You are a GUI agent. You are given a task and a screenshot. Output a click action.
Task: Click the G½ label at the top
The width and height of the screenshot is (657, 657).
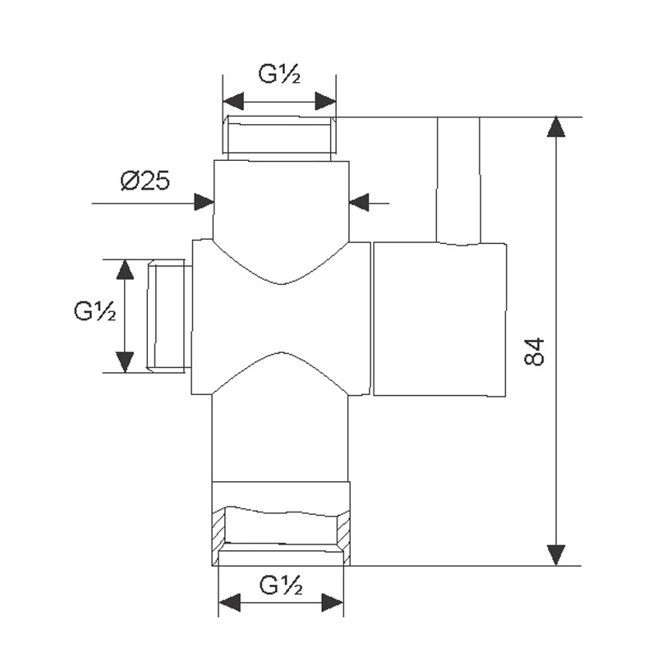(279, 74)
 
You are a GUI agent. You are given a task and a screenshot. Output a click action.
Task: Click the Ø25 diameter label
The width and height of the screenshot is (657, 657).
(145, 181)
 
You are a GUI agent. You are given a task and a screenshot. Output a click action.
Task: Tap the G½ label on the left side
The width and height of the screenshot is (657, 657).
(94, 311)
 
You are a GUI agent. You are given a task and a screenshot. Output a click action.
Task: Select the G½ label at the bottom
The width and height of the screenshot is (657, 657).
(281, 585)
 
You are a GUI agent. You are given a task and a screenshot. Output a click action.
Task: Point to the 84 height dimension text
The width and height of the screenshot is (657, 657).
(535, 351)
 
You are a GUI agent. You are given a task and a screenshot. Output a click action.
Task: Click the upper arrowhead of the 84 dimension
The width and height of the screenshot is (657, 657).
(556, 127)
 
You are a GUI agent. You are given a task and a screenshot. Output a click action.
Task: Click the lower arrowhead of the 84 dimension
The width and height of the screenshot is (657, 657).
(556, 555)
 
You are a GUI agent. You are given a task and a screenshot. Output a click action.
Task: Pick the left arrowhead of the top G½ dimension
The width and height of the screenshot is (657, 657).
(233, 101)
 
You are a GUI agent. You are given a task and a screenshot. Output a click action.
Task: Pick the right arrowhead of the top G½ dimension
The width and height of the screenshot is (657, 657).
(325, 101)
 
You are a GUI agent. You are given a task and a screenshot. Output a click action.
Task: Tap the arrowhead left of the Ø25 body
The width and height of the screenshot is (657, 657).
(204, 202)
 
